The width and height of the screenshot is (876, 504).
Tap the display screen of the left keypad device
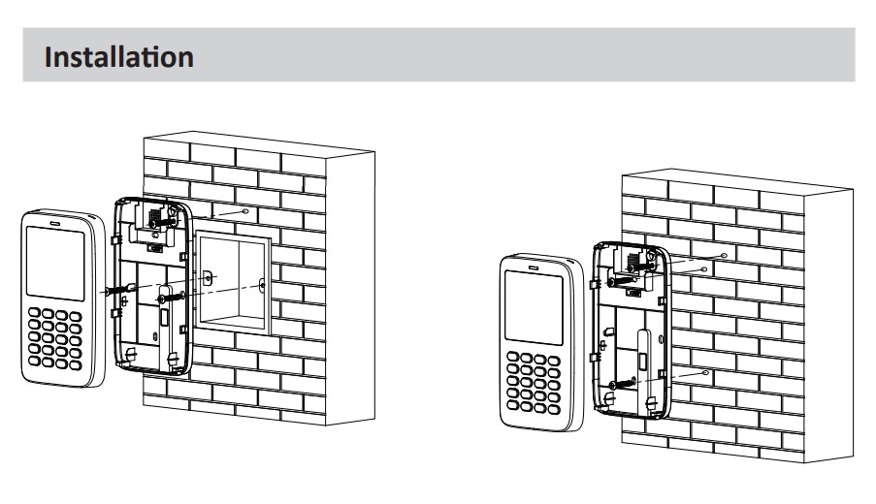point(56,260)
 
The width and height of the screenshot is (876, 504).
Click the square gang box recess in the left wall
point(231,281)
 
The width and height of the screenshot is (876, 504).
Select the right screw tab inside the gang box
point(262,285)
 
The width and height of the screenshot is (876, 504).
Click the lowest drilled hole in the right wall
point(706,372)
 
